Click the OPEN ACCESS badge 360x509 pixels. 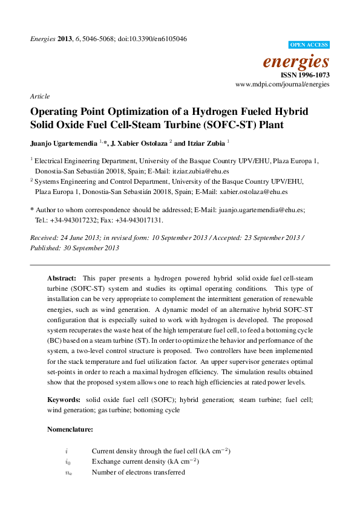(x=309, y=45)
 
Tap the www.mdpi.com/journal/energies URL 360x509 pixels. (x=283, y=85)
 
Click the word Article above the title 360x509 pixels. (x=39, y=96)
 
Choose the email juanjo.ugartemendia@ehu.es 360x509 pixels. (x=261, y=210)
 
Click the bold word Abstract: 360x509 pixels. (x=62, y=277)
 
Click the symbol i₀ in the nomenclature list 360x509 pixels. (x=68, y=462)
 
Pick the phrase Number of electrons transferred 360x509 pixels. (x=138, y=472)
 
